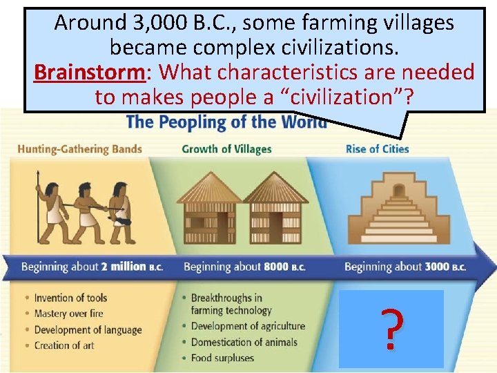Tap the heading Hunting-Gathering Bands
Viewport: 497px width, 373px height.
point(79,149)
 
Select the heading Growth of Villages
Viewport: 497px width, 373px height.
point(226,149)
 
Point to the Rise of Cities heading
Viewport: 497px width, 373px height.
point(377,149)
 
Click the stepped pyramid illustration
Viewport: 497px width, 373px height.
point(391,208)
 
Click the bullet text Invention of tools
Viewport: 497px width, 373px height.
point(70,298)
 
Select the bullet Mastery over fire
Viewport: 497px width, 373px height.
point(68,314)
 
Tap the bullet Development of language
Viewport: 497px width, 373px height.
point(88,329)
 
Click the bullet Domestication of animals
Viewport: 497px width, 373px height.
point(244,342)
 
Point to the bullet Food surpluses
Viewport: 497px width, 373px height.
point(222,358)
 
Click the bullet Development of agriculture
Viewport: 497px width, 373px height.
point(247,326)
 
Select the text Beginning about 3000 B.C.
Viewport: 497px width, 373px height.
point(405,267)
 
